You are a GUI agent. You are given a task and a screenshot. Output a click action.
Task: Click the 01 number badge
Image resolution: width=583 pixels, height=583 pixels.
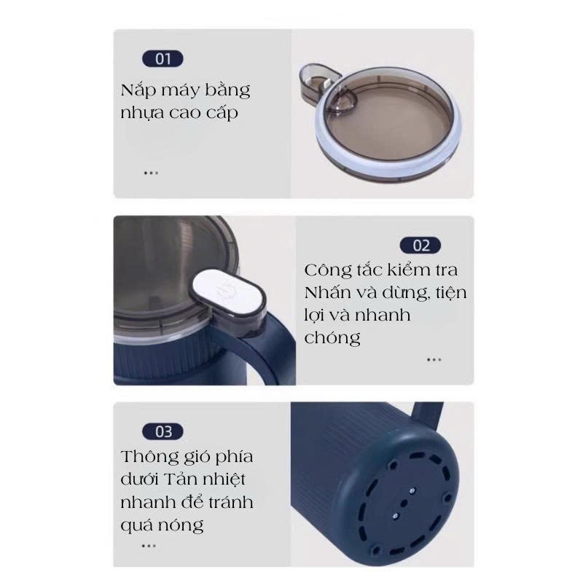point(163,59)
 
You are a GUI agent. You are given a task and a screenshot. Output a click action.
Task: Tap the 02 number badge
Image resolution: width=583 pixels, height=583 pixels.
point(420,246)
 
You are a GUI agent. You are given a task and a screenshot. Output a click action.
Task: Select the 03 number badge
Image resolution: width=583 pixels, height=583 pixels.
point(163,431)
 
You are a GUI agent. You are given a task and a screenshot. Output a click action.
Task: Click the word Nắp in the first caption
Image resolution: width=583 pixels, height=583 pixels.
point(138,90)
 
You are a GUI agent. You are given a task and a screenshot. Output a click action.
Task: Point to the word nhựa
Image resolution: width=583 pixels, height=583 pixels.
point(141,113)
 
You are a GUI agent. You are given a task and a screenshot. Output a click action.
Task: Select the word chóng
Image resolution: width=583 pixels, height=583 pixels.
point(332,338)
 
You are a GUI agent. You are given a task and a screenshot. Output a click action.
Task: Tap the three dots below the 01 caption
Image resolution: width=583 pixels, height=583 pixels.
point(151,173)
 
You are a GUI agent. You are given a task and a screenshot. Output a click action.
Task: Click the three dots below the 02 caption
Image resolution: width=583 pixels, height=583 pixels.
point(434,359)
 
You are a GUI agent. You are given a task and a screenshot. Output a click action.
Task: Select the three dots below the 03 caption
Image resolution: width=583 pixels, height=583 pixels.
point(149,546)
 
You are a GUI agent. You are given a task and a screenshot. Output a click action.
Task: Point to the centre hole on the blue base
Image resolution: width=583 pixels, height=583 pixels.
point(404,504)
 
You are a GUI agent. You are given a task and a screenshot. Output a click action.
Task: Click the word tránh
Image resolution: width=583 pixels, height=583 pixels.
point(230,502)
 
